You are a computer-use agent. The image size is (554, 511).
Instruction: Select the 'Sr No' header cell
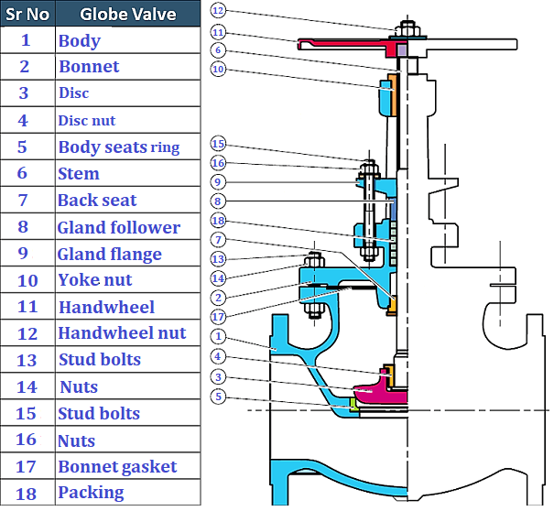click(27, 14)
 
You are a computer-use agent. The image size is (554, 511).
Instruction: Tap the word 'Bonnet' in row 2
click(89, 67)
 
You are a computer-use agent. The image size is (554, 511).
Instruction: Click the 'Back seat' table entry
click(97, 201)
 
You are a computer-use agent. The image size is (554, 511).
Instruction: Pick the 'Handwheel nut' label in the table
click(122, 333)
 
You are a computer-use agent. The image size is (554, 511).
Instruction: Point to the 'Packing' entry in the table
click(91, 493)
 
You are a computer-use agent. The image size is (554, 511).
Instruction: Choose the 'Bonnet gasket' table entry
click(117, 467)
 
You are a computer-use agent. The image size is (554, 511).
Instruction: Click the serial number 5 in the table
click(25, 147)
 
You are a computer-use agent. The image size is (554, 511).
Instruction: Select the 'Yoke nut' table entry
click(95, 280)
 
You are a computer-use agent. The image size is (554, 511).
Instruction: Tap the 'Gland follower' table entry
click(119, 227)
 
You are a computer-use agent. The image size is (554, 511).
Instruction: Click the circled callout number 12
click(217, 10)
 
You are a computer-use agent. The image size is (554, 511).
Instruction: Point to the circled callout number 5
click(217, 397)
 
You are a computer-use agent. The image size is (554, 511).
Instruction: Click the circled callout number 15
click(217, 144)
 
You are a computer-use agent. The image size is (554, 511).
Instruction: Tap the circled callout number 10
click(217, 69)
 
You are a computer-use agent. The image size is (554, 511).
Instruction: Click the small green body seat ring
click(352, 402)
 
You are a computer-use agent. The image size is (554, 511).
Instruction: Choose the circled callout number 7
click(217, 239)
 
